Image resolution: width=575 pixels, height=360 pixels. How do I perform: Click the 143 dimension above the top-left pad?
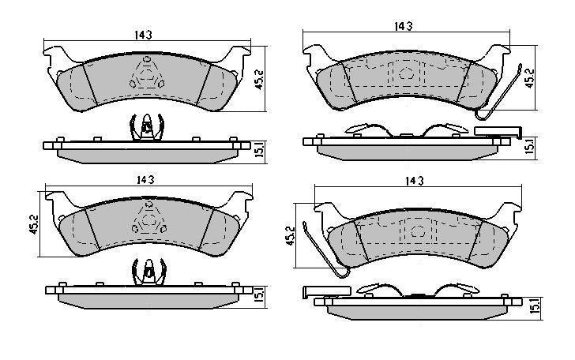click(x=143, y=35)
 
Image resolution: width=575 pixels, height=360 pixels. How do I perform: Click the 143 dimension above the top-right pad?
click(x=404, y=26)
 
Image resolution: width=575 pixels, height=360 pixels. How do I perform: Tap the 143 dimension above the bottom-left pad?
click(x=145, y=180)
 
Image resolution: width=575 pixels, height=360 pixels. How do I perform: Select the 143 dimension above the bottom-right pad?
click(x=415, y=181)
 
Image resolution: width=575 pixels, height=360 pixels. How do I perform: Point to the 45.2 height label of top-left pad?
click(x=259, y=80)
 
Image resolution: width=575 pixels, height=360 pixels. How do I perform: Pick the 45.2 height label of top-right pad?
click(x=530, y=78)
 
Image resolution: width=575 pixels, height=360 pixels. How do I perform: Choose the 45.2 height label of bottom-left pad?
click(x=34, y=224)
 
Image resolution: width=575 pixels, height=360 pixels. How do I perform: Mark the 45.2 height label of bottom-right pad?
click(x=290, y=236)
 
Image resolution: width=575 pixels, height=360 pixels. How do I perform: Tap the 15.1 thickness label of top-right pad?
click(x=529, y=145)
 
